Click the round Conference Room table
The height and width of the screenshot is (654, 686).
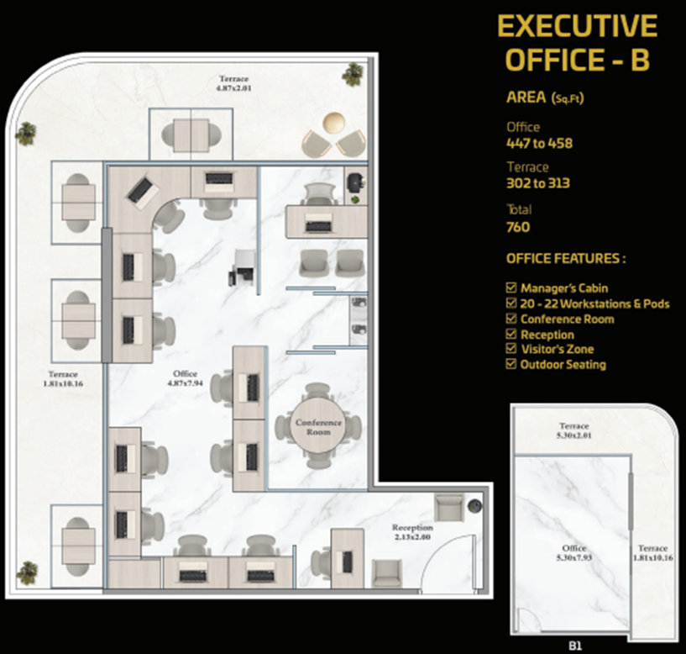point(318,425)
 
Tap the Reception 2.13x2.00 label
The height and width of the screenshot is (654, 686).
point(412,532)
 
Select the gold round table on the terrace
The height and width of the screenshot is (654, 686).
point(333,122)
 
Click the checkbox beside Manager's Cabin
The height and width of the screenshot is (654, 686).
point(511,287)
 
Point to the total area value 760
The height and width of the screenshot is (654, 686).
point(518,227)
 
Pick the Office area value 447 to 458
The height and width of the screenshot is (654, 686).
point(539,143)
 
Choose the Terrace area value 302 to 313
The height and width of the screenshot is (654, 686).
point(538,183)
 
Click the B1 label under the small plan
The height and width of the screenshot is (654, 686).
point(575,646)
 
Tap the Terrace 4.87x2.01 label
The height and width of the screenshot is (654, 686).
point(234,83)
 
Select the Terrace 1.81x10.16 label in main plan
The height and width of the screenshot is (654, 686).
point(63,379)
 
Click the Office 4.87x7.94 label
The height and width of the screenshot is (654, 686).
point(185,378)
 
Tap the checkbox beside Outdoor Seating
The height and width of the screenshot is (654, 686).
point(511,364)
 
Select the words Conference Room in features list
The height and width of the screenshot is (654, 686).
point(568,319)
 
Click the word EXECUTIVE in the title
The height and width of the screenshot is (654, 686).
point(577,26)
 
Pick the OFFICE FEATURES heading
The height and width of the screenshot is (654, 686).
point(566,258)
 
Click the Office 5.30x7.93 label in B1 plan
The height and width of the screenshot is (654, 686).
point(574,553)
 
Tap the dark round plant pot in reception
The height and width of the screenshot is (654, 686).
point(474,506)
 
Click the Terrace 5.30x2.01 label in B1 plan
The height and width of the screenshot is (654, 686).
point(574,430)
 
